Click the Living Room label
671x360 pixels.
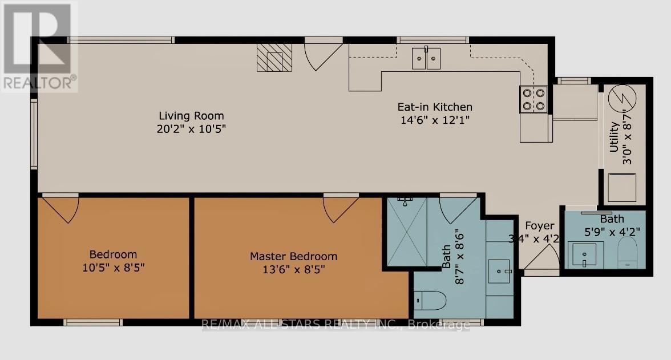tap(191, 116)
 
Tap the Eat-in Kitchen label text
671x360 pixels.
tap(435, 107)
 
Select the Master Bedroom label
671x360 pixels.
tap(293, 256)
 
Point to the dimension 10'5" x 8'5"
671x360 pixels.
tap(114, 268)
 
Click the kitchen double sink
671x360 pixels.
tap(426, 59)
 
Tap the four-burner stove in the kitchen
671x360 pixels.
tap(533, 99)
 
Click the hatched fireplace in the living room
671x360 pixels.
tap(275, 58)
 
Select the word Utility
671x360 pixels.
tap(614, 137)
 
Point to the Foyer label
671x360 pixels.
tap(540, 225)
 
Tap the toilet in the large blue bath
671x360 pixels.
tap(430, 300)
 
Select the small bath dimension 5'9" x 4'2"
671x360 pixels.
tap(612, 232)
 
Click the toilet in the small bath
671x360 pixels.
tap(628, 253)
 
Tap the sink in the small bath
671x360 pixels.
tap(583, 255)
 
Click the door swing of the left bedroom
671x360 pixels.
tap(60, 208)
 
